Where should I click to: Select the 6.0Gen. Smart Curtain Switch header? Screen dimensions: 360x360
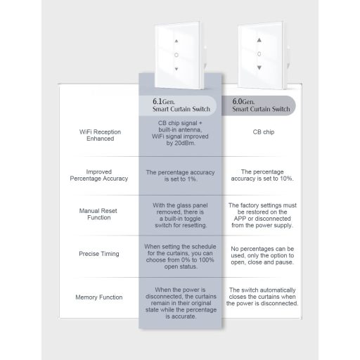point(261,106)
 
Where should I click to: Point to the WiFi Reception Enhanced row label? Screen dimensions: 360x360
point(99,135)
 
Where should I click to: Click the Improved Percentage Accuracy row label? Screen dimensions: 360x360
point(99,175)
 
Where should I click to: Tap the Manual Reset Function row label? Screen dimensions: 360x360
point(99,214)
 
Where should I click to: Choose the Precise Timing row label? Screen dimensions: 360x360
point(99,254)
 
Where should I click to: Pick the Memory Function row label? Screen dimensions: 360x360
point(99,297)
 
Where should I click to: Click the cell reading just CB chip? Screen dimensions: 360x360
point(262,131)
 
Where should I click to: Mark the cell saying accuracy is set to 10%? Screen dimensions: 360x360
point(262,175)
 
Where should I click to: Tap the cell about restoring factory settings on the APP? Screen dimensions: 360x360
point(262,214)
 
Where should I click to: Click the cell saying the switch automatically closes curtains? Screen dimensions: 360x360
point(262,297)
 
